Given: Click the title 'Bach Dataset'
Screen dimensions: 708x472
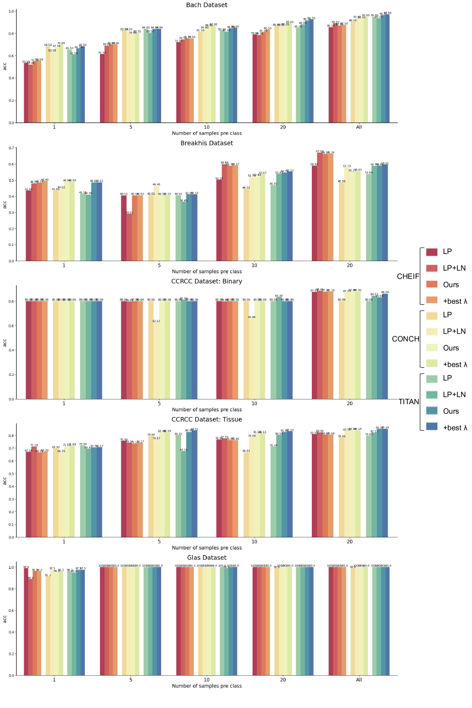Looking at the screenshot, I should [x=207, y=5].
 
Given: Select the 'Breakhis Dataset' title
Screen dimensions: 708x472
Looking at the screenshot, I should [x=207, y=143].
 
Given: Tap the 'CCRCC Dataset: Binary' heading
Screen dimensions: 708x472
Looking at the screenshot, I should [x=207, y=281].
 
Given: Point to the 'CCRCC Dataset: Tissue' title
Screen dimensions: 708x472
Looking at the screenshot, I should [x=207, y=419].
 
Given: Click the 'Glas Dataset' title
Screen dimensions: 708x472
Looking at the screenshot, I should [x=207, y=558].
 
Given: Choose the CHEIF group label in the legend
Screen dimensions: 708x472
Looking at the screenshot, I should [x=408, y=276].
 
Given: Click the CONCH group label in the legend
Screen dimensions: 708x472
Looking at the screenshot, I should [x=406, y=339].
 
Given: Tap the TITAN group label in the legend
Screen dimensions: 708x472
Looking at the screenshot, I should [x=409, y=402].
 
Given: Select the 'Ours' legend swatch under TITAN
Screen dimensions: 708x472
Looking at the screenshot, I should [x=432, y=411].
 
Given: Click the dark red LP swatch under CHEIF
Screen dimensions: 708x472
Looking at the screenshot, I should [x=432, y=252].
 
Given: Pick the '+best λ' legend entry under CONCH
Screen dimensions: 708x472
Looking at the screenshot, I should [x=454, y=364].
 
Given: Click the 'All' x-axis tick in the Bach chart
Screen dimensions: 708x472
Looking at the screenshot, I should [x=359, y=127].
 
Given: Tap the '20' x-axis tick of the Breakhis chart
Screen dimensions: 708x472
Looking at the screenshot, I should [x=350, y=265].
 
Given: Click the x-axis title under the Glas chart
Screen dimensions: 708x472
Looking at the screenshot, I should [x=207, y=686].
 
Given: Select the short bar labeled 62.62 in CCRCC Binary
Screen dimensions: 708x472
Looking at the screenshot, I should [x=156, y=360].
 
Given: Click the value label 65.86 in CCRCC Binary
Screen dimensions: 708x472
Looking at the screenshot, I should [x=252, y=317].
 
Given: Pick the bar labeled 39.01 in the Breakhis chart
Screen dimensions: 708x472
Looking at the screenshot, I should [x=129, y=237].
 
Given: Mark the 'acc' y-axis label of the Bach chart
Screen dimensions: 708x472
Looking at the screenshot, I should [x=5, y=67].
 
